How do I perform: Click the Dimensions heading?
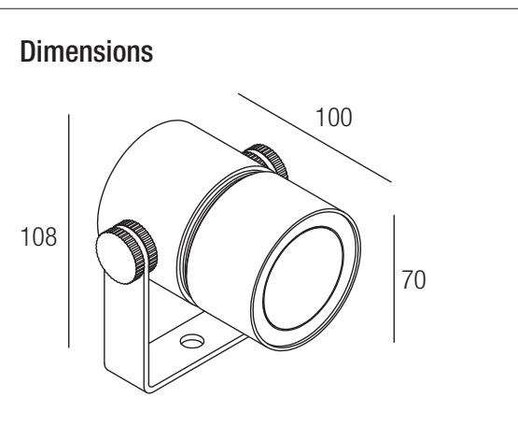click(87, 51)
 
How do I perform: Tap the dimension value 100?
click(334, 118)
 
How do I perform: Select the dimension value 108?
click(38, 237)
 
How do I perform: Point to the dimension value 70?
click(413, 280)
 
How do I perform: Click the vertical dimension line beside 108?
click(69, 231)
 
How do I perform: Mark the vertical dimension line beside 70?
click(394, 278)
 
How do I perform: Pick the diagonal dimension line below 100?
click(315, 137)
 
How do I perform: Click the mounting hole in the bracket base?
click(192, 341)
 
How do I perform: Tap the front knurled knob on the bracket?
click(126, 251)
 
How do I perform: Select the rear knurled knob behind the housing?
click(268, 159)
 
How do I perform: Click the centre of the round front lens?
click(303, 278)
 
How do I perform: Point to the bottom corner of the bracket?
click(148, 392)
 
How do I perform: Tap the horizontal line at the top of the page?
click(259, 9)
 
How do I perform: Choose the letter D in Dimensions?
click(27, 51)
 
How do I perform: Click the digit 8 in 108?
click(50, 237)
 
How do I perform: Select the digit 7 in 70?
click(407, 280)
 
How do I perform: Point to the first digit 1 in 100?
click(320, 118)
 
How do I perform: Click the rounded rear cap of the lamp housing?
click(139, 165)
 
